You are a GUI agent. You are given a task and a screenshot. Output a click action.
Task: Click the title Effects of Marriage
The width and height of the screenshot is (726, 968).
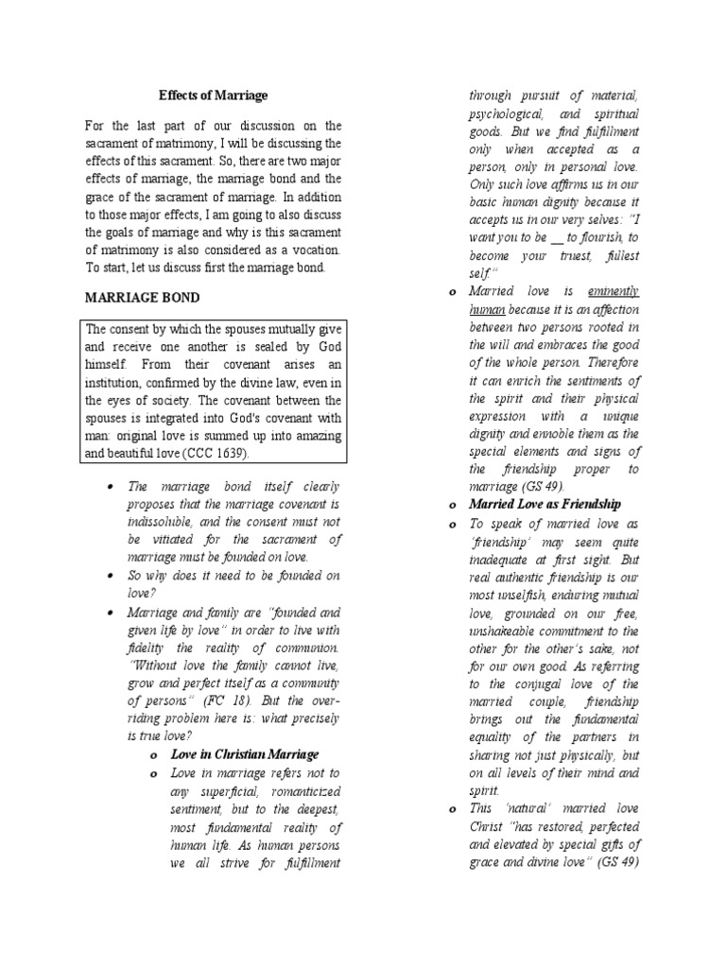coord(213,95)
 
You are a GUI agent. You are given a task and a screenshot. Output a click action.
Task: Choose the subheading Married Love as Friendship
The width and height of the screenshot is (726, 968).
coord(544,504)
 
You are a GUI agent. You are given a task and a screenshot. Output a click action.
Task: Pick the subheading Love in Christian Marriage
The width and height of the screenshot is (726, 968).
coord(245,754)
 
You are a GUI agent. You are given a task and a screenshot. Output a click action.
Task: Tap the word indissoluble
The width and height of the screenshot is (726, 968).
coord(161,522)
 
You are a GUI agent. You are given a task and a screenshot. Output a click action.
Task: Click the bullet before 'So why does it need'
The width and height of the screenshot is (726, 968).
coord(112,576)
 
